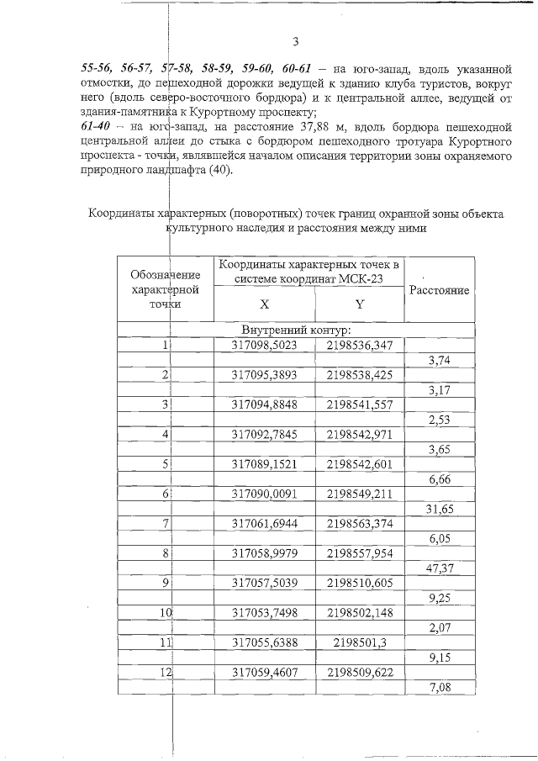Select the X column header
264,304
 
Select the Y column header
359,304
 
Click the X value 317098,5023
264,344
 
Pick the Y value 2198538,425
359,374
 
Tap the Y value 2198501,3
359,642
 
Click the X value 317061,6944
264,523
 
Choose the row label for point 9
166,583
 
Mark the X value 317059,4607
264,672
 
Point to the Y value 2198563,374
359,523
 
